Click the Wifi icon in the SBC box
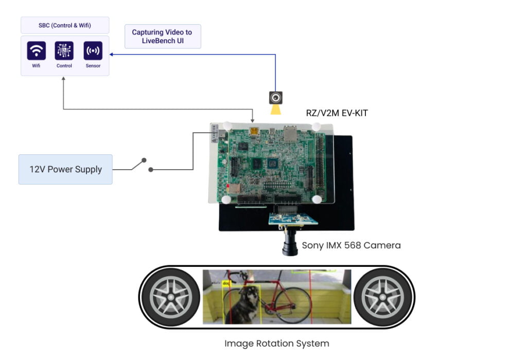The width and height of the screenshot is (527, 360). point(37,51)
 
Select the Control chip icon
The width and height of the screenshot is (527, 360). point(64,51)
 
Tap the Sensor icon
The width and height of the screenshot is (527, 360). point(93,51)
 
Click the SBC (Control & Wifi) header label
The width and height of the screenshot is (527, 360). point(65,25)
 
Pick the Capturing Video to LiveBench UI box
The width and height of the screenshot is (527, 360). point(162,36)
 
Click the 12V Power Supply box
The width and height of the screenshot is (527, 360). point(65,169)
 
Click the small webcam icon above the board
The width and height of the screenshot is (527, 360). point(276,98)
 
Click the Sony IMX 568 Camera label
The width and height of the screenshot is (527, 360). point(351,245)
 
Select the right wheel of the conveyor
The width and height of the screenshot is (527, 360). point(382,297)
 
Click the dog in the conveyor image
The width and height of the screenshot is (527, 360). point(241,305)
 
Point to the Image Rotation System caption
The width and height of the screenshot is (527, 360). point(276,343)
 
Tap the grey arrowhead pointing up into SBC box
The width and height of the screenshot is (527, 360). point(63,79)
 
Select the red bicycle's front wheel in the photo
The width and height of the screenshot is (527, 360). point(296,304)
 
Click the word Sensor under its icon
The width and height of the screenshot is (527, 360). point(93,66)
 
